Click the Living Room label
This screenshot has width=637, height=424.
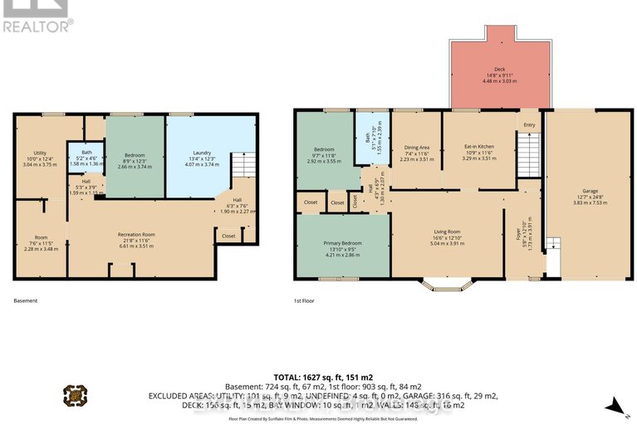pos(446,232)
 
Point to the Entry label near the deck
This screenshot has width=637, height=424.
pos(528,125)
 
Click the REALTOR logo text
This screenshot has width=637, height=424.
pos(37,25)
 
